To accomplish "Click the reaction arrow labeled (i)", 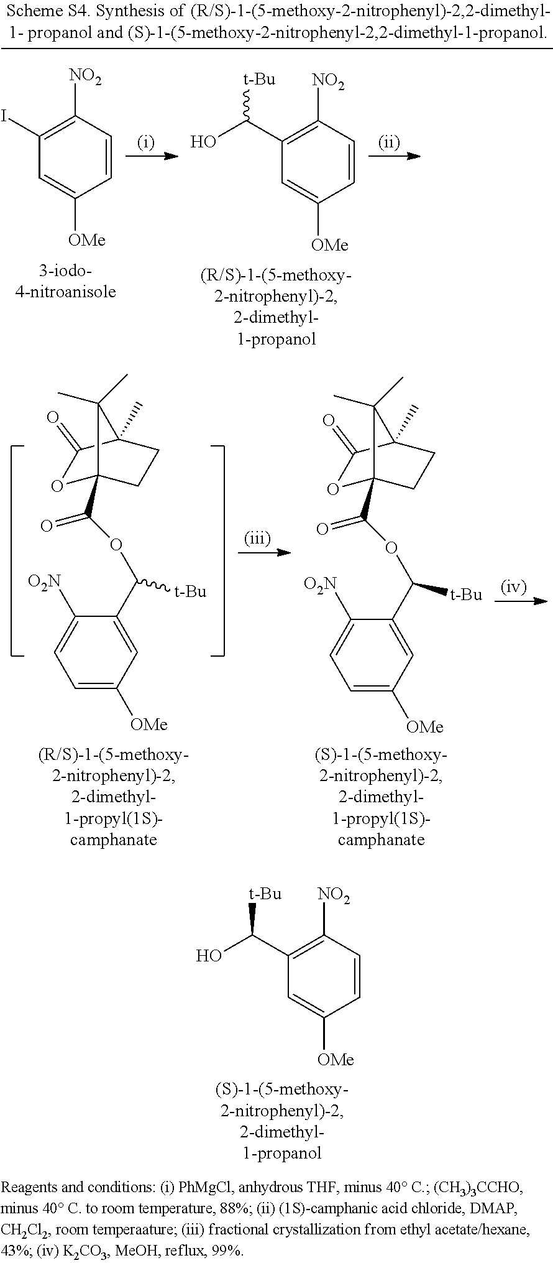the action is tap(152, 157).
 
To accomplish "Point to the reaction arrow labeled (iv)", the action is tap(521, 600).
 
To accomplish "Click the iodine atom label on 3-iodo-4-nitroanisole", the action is tap(5, 116).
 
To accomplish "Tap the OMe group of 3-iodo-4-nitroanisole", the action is tap(86, 240).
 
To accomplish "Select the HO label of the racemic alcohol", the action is tap(203, 142).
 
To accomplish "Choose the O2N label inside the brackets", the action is tap(45, 583).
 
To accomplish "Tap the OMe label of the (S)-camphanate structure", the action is tap(425, 727).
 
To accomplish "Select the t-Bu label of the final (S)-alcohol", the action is tap(265, 894).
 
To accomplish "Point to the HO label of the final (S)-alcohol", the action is tap(209, 956).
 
